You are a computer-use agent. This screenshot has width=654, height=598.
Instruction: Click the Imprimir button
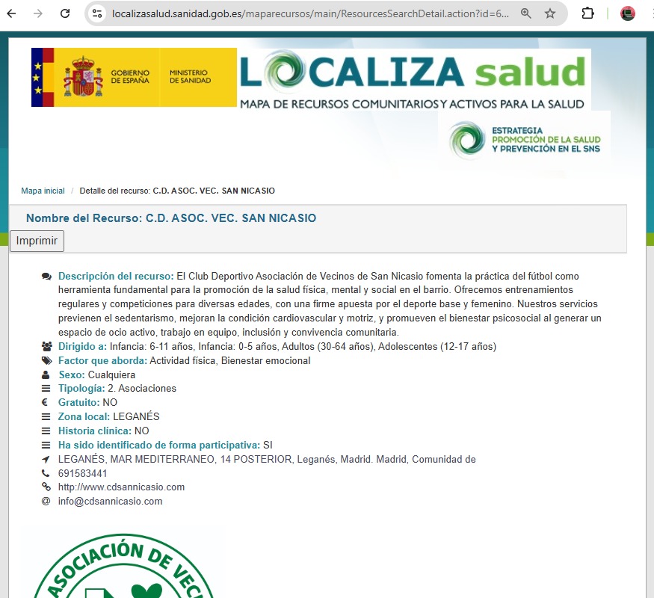coord(37,241)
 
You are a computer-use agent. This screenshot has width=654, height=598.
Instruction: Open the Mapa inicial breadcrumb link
coord(43,191)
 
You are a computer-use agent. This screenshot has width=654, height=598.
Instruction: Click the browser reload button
coord(65,13)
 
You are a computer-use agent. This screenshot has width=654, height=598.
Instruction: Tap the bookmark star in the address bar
coord(550,13)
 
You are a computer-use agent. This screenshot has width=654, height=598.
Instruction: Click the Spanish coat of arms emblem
coord(82,77)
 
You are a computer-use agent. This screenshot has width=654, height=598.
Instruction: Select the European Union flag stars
coord(37,77)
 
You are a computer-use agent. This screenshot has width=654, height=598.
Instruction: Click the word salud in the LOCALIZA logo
coord(530,73)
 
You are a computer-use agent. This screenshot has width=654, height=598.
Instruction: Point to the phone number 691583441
coord(83,473)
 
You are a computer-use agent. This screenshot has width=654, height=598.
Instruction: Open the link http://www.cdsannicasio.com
coord(121,487)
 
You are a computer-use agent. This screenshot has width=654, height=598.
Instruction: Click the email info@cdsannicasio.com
coord(110,501)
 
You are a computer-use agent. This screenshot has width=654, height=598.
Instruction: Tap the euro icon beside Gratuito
coord(46,403)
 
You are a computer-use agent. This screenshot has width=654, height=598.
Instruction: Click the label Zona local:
coord(84,416)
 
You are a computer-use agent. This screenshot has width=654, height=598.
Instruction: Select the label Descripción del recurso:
coord(116,276)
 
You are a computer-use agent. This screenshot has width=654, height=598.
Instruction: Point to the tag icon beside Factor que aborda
coord(46,361)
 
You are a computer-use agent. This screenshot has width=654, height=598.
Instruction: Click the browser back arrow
coord(12,13)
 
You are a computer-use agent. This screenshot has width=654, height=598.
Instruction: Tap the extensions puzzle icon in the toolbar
coord(587,13)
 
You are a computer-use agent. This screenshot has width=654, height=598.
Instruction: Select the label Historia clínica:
coord(95,431)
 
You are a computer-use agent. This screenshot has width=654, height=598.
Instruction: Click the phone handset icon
coord(46,473)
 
